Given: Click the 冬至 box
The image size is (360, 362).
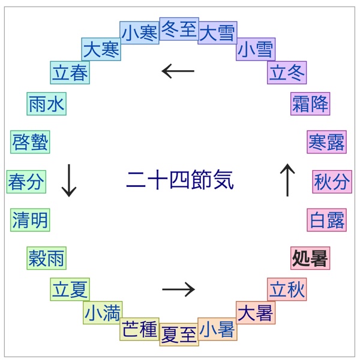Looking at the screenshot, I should coord(179,29).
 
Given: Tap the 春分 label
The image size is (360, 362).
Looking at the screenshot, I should coord(26,181).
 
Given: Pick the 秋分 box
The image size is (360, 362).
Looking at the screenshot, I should coord(332,181).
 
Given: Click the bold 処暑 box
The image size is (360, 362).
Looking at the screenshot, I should coord(310,259).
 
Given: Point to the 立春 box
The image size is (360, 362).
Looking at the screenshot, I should coord(70,73).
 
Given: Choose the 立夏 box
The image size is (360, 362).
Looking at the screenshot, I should coord(70,289).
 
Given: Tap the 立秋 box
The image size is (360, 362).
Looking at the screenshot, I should coord(287,289).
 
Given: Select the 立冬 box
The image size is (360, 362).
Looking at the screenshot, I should coord(287,73).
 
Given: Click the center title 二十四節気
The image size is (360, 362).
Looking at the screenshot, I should coord(179,180).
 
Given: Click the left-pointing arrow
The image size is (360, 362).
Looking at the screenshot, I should coord(178,72).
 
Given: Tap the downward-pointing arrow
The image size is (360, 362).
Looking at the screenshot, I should coord(70,181).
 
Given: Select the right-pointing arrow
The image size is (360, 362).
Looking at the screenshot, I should coord(179,289).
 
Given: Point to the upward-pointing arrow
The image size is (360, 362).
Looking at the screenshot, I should coord(287,180).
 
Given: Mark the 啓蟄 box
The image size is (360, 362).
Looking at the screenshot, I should coord(30,143).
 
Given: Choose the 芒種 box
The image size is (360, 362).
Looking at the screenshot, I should coord(139,329).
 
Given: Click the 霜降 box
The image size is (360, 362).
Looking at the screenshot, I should coord(310,104).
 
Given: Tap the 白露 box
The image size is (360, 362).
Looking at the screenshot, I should coord(328,220).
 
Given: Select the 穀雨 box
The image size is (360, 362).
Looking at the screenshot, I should coord(46,258).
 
